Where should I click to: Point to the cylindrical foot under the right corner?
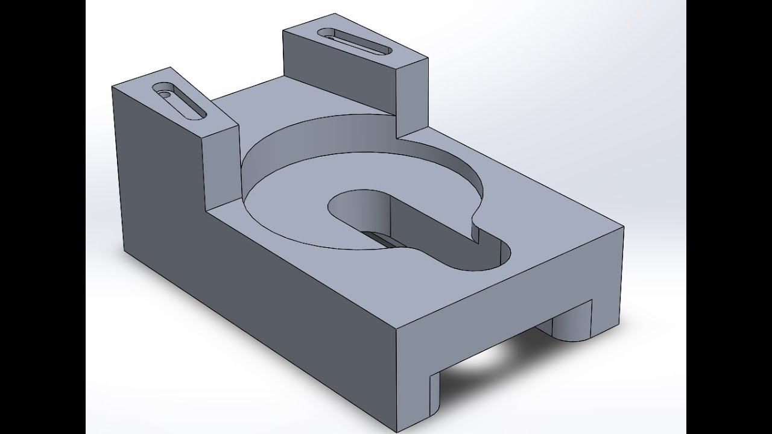coord(570,322)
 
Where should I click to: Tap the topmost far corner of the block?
coord(284,30)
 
